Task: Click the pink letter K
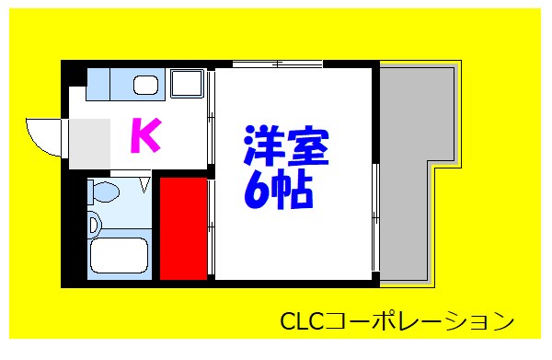click(x=144, y=136)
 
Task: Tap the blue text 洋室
click(x=286, y=146)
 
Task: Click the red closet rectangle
click(x=183, y=229)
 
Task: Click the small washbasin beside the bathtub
click(x=94, y=224)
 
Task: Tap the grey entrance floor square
click(x=90, y=143)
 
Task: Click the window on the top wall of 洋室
click(x=276, y=64)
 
